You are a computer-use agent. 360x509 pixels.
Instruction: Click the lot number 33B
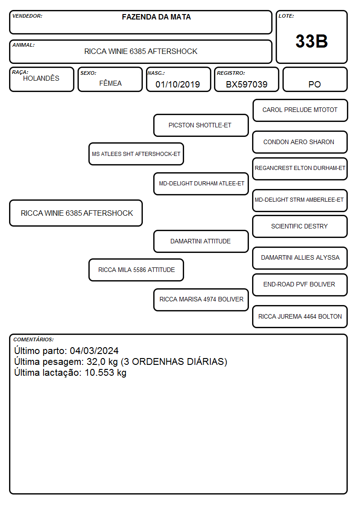click(x=311, y=41)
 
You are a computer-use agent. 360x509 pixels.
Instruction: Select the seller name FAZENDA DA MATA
click(x=156, y=17)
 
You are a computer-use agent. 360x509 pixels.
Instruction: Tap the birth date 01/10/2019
click(x=178, y=84)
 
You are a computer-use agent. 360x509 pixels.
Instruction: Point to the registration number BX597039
click(x=246, y=84)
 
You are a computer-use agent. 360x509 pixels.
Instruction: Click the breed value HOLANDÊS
click(x=41, y=78)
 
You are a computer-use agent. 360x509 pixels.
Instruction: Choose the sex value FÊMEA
click(x=110, y=83)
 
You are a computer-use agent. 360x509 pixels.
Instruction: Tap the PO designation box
click(x=315, y=79)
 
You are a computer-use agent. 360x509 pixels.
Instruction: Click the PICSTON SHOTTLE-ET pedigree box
click(x=201, y=125)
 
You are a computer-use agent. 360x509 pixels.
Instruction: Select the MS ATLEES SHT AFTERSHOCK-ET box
click(x=136, y=154)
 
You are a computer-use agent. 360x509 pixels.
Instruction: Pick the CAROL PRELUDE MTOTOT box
click(x=300, y=111)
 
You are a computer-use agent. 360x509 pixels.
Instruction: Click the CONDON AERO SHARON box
click(x=300, y=142)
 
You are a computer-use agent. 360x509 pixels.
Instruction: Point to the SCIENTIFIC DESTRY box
click(x=300, y=226)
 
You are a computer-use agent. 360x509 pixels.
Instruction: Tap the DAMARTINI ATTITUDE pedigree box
click(x=201, y=241)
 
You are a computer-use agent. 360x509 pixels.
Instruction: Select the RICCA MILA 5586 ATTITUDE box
click(x=136, y=270)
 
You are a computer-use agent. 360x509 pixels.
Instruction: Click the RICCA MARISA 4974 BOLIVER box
click(x=201, y=300)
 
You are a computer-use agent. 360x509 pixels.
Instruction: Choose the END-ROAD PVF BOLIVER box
click(x=300, y=285)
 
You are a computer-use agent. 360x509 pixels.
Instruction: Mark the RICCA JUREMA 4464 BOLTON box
click(x=300, y=316)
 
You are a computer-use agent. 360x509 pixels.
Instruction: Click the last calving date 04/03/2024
click(x=94, y=350)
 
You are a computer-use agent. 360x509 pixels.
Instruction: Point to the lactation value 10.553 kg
click(x=106, y=373)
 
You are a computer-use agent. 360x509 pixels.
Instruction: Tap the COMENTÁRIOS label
click(x=34, y=339)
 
